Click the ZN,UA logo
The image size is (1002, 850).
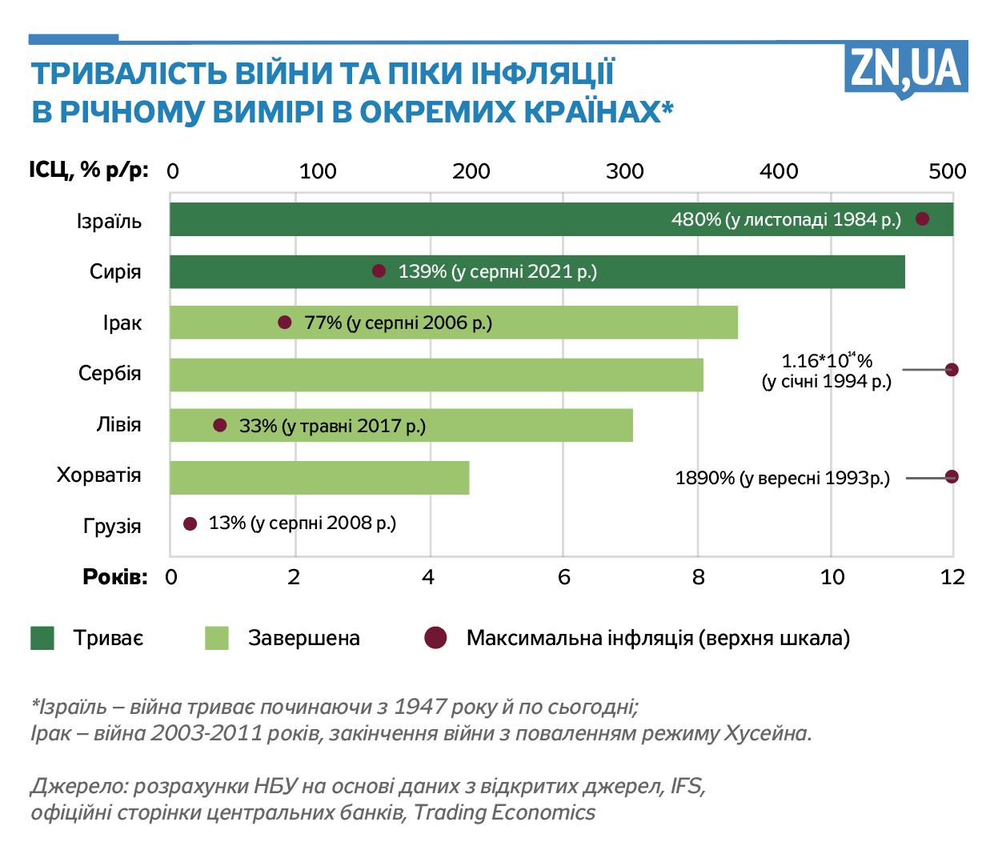point(905,69)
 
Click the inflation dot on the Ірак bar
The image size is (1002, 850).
point(285,323)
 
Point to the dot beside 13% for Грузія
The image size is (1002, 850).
point(190,523)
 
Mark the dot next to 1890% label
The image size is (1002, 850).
point(952,477)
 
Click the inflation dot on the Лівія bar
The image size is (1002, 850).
point(220,425)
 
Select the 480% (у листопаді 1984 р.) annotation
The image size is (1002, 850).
point(786,219)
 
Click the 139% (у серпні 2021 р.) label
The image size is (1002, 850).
point(497,271)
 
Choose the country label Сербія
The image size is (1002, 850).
point(110,374)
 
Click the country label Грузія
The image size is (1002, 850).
point(112,526)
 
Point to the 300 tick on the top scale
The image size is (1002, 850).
point(624,170)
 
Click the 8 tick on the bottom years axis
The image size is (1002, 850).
point(699,577)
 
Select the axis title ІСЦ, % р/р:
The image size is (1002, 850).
point(89,170)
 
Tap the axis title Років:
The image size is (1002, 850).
point(115,577)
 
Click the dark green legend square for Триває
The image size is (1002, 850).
point(42,638)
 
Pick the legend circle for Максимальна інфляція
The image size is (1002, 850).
point(435,638)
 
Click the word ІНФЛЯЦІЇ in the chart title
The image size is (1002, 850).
point(542,74)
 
